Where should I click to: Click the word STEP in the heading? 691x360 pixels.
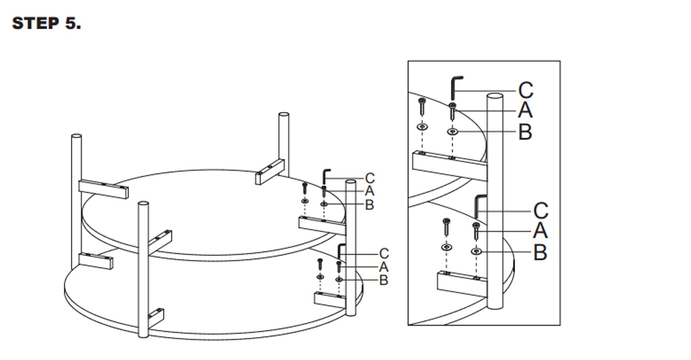36,23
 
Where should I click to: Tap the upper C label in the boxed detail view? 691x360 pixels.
526,90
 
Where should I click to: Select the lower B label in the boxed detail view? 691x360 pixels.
540,252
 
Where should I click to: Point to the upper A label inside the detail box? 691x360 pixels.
525,110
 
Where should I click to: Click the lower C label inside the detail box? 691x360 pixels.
541,211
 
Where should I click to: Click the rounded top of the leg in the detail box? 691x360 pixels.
495,96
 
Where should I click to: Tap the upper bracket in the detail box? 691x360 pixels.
450,166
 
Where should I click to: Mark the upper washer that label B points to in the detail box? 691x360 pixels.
453,132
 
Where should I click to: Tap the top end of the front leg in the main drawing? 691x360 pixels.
144,204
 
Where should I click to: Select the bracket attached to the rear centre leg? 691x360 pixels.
270,172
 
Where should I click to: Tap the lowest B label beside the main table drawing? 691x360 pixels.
384,280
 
